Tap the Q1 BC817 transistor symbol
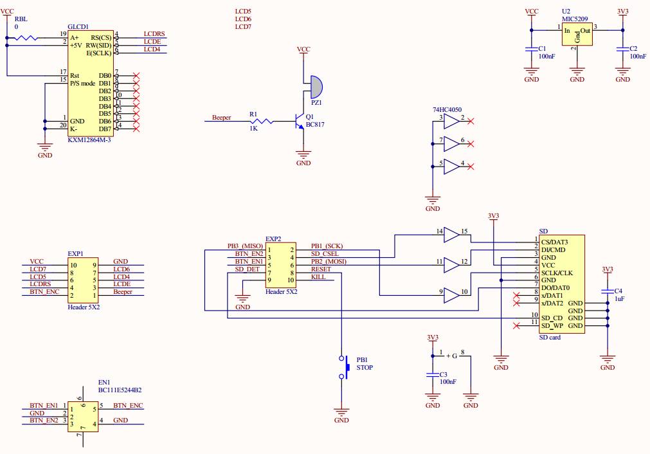[297, 120]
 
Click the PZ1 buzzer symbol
[316, 85]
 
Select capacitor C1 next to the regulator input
[531, 49]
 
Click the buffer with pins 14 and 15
[452, 235]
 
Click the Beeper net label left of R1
[222, 118]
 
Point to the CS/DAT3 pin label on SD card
[554, 242]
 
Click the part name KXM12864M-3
[89, 140]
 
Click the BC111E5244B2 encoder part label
[120, 390]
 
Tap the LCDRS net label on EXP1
[40, 284]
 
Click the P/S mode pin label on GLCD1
[82, 83]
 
